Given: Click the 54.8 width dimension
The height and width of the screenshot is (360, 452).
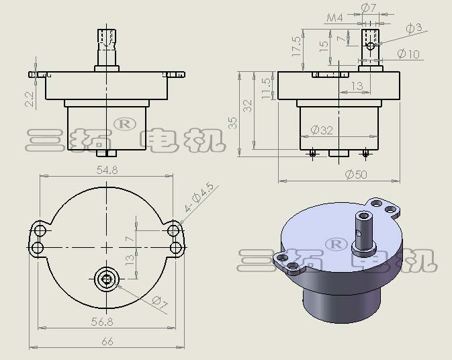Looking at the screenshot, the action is pyautogui.click(x=107, y=170).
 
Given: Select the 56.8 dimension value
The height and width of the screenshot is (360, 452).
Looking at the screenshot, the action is pyautogui.click(x=102, y=322).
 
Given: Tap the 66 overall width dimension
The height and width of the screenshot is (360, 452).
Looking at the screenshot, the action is pyautogui.click(x=107, y=342).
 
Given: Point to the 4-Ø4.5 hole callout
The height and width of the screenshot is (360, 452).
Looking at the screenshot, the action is pyautogui.click(x=199, y=197).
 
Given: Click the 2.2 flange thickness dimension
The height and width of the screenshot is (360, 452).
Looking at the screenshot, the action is pyautogui.click(x=30, y=99).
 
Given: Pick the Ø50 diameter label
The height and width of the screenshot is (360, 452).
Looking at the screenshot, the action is pyautogui.click(x=356, y=174).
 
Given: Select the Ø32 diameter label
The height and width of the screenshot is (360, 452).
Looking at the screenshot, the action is pyautogui.click(x=322, y=130).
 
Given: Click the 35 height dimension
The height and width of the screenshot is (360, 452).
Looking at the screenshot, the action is pyautogui.click(x=233, y=123).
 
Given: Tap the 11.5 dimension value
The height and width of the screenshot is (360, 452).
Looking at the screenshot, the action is pyautogui.click(x=267, y=89).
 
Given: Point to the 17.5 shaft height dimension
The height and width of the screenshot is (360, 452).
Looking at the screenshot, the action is pyautogui.click(x=296, y=46).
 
